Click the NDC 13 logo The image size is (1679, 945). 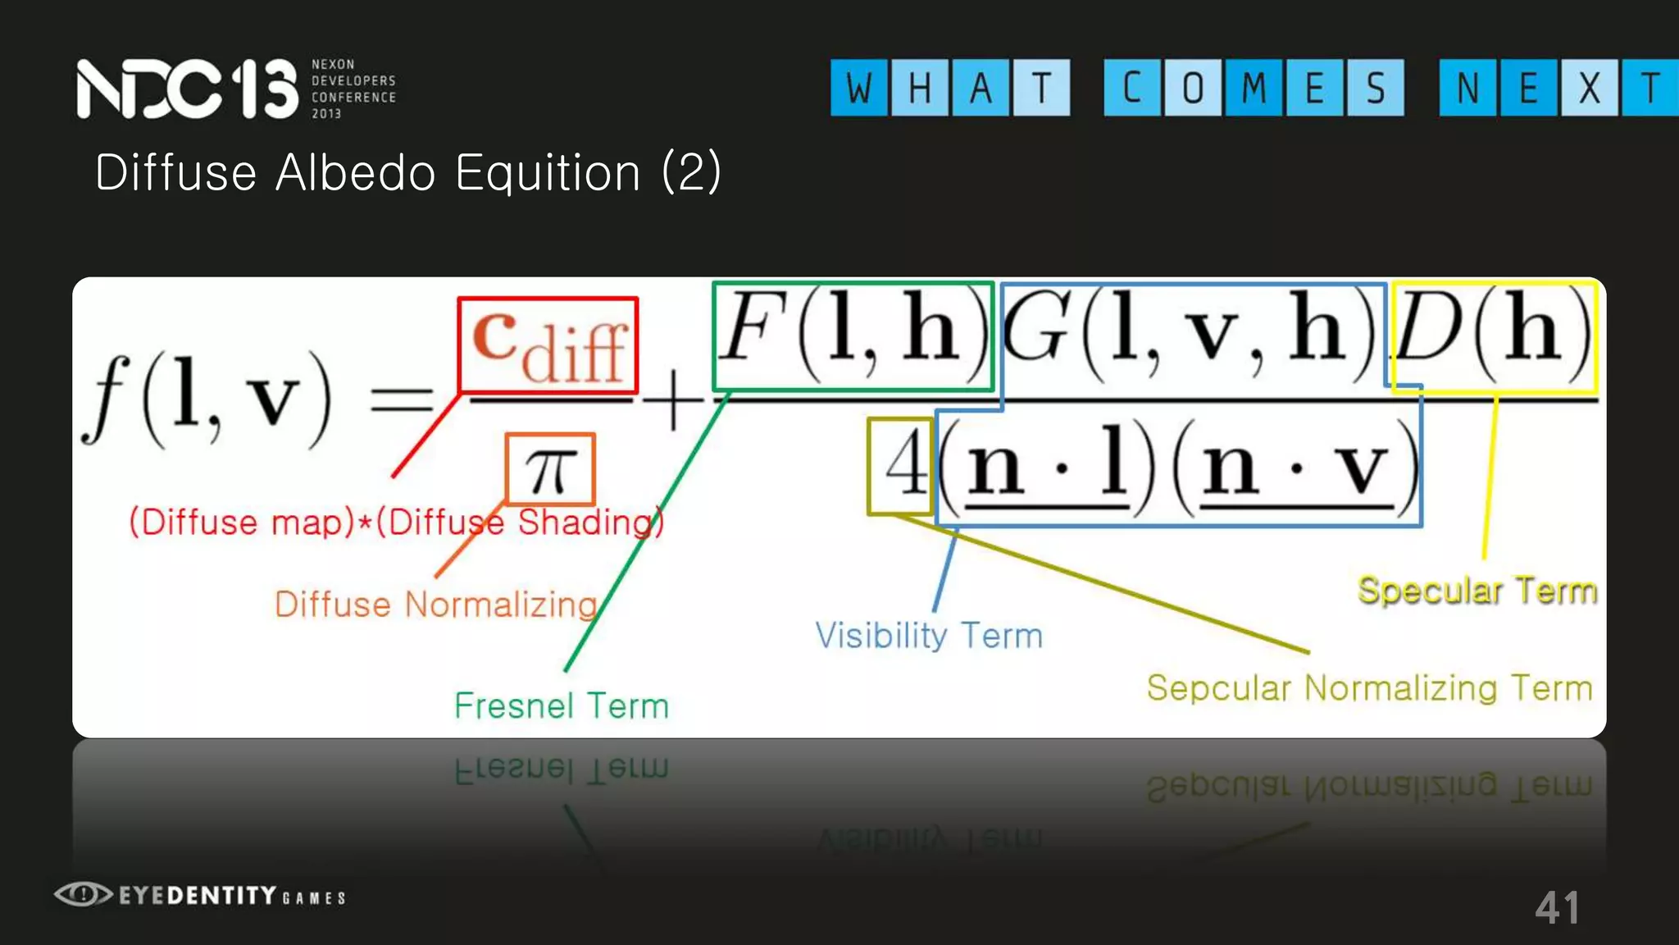click(x=187, y=89)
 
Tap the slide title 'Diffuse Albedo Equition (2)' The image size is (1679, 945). click(x=407, y=173)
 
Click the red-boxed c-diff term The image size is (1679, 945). click(x=548, y=345)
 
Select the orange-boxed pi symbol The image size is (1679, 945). click(x=550, y=469)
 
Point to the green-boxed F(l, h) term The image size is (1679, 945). click(x=853, y=336)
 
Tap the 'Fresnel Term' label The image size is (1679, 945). click(x=562, y=706)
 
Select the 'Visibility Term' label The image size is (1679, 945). click(x=929, y=636)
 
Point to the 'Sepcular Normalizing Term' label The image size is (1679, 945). click(x=1369, y=688)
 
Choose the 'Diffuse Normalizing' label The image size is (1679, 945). click(x=436, y=605)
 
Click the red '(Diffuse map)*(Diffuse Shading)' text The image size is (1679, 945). click(x=396, y=523)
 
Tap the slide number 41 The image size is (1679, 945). click(x=1557, y=908)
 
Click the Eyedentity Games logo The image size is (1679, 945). click(x=200, y=895)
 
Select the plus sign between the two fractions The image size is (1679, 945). click(x=672, y=402)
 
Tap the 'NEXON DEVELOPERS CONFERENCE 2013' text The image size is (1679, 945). click(x=353, y=89)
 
